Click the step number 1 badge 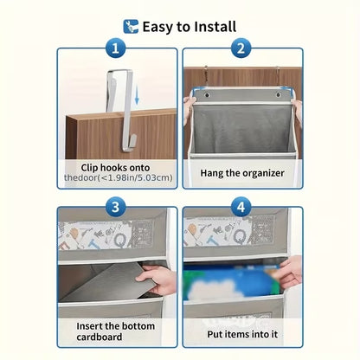pyautogui.click(x=115, y=48)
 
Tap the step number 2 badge pyautogui.click(x=241, y=48)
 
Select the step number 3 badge pyautogui.click(x=115, y=207)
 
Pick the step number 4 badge pyautogui.click(x=241, y=207)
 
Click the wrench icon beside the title pyautogui.click(x=131, y=27)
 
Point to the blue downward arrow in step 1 pyautogui.click(x=137, y=96)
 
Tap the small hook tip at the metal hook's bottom pyautogui.click(x=132, y=144)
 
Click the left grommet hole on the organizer pyautogui.click(x=206, y=94)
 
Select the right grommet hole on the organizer pyautogui.click(x=279, y=94)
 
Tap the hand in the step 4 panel pyautogui.click(x=290, y=271)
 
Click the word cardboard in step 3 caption pyautogui.click(x=100, y=337)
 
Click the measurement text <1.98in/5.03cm pyautogui.click(x=136, y=177)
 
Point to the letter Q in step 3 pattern pyautogui.click(x=119, y=239)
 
